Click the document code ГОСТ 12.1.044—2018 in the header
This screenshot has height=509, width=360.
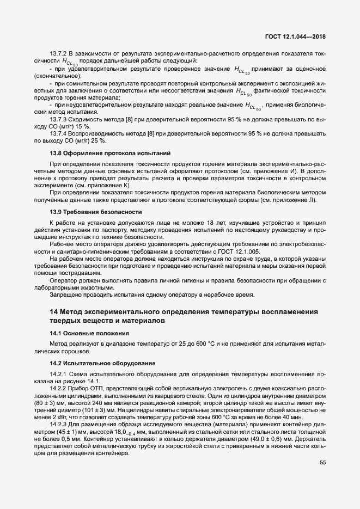click(x=299, y=37)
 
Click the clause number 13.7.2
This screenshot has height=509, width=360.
click(x=58, y=54)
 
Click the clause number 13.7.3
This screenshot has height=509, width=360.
click(x=58, y=119)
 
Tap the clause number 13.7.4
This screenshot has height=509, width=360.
click(x=58, y=133)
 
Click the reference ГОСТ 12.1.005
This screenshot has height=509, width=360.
click(x=237, y=252)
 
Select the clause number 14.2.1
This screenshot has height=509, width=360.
click(x=58, y=375)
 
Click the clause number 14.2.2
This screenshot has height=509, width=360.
click(x=58, y=389)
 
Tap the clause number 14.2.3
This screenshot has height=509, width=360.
click(x=58, y=424)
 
